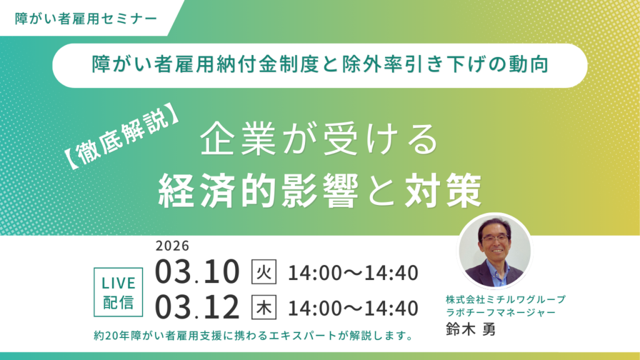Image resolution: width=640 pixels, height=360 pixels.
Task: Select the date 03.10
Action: point(197,272)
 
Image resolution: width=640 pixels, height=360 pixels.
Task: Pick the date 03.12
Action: point(197,307)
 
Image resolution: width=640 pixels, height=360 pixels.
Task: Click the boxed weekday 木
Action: point(263,307)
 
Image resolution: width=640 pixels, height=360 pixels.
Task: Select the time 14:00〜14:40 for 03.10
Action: point(352,273)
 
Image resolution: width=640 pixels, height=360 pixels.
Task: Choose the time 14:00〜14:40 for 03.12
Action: point(352,308)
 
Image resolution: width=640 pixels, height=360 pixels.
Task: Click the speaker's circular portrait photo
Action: point(494,251)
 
